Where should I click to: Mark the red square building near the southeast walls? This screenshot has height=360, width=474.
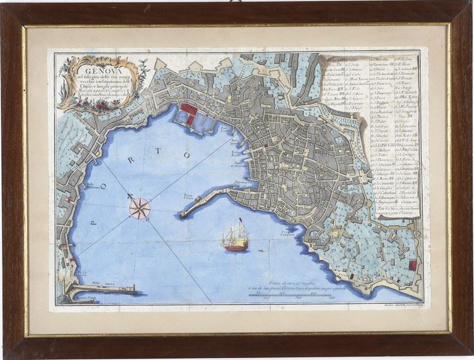pyautogui.click(x=413, y=265)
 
